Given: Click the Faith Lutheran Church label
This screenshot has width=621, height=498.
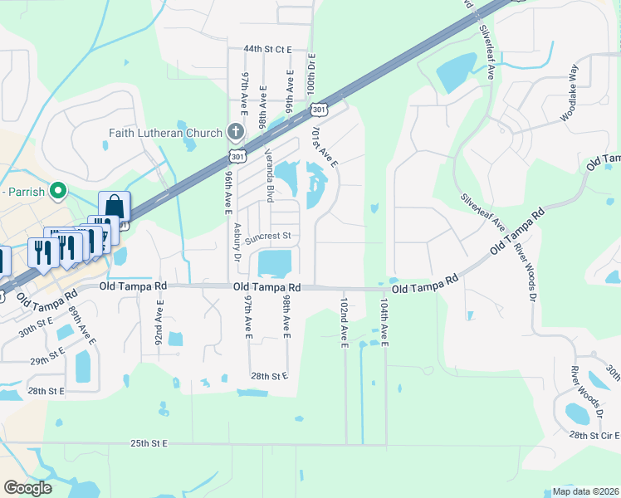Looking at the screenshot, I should pos(165,133).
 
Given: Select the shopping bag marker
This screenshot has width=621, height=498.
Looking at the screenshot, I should pos(114,205).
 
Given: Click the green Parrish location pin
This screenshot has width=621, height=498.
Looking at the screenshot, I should pos(57,192).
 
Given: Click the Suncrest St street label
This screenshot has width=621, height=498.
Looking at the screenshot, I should pos(266,236).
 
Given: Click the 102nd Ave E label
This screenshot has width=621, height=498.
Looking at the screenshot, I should pos(344,325).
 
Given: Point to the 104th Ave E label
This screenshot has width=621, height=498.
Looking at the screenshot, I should pos(384,325).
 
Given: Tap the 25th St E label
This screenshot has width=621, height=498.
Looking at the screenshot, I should pos(149,444).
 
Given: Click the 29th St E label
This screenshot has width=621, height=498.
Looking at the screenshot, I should pos(48,362).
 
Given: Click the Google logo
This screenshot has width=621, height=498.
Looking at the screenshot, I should pos(28,488).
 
